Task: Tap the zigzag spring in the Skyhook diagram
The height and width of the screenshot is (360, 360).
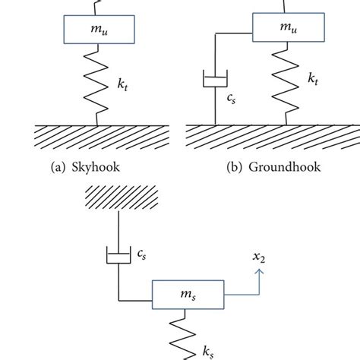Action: (98, 83)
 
